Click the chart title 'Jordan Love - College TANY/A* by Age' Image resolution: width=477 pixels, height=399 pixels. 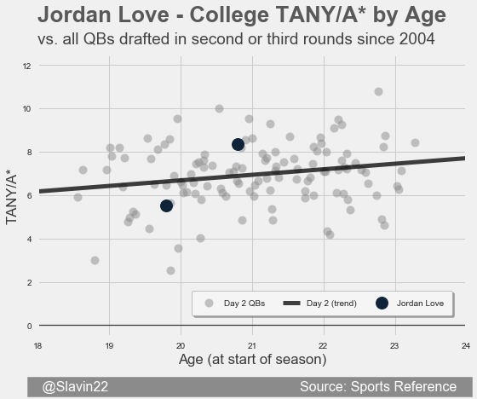tap(242, 15)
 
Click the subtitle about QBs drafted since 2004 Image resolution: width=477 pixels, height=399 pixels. tap(236, 39)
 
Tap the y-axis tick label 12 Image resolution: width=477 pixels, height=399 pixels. tap(27, 66)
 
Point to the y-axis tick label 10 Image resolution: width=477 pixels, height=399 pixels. tap(27, 109)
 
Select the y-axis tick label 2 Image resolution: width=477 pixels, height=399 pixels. tap(29, 283)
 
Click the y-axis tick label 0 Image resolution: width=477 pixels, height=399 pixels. tap(29, 327)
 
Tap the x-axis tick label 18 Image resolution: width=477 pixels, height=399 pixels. tap(37, 346)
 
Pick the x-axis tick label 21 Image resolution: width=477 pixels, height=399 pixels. tap(252, 346)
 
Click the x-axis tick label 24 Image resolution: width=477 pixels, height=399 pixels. tap(466, 346)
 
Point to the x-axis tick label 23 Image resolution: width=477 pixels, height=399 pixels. tap(394, 346)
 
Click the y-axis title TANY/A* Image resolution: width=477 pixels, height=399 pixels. tap(11, 199)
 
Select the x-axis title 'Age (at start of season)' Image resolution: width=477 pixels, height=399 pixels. tap(252, 360)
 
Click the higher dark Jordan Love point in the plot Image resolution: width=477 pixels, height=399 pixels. tap(238, 144)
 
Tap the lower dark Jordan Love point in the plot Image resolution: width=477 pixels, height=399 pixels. tap(166, 206)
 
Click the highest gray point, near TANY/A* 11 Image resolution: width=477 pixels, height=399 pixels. tap(378, 91)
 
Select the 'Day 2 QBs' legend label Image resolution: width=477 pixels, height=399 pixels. tap(244, 304)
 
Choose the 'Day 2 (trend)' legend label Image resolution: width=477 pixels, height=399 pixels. tap(331, 304)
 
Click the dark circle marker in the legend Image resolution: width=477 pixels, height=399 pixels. tap(382, 303)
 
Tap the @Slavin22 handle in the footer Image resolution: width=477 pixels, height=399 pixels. tap(75, 387)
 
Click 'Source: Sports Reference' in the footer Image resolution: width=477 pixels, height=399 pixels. tap(378, 387)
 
